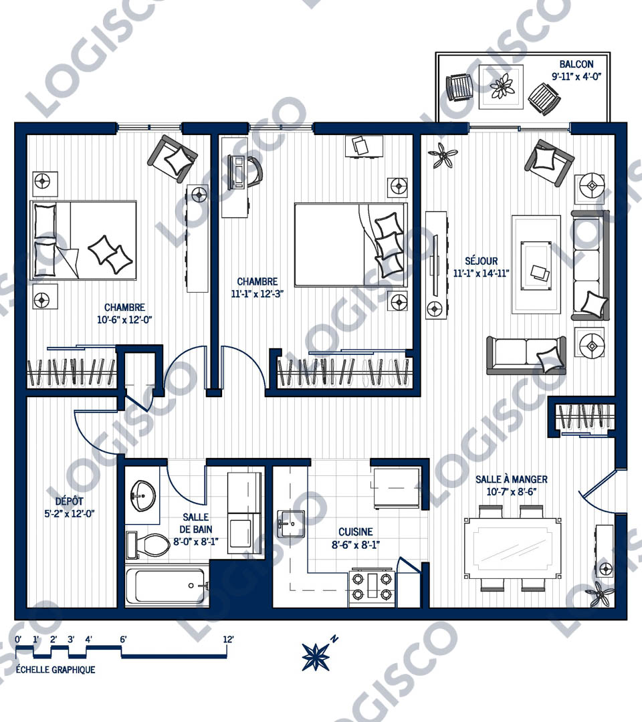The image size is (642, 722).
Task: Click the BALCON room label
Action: tap(576, 64)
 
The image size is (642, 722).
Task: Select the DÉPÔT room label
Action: tap(70, 501)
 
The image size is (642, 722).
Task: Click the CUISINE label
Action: tap(356, 532)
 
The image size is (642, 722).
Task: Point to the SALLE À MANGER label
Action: tap(511, 479)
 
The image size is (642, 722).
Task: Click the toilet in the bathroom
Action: tap(147, 544)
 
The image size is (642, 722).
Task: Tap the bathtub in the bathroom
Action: tap(166, 586)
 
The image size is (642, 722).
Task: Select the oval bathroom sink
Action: tap(142, 496)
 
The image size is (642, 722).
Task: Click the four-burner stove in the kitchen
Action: tap(372, 587)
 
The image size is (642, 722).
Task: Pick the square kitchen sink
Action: tap(291, 523)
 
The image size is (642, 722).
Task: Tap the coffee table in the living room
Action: tap(536, 265)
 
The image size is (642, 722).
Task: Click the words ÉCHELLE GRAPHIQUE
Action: tap(56, 669)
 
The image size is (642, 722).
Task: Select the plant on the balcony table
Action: tap(501, 86)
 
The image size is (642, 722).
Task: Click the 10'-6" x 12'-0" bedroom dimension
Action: tap(124, 320)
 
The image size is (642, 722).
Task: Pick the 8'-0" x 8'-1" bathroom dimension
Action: tap(196, 542)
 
